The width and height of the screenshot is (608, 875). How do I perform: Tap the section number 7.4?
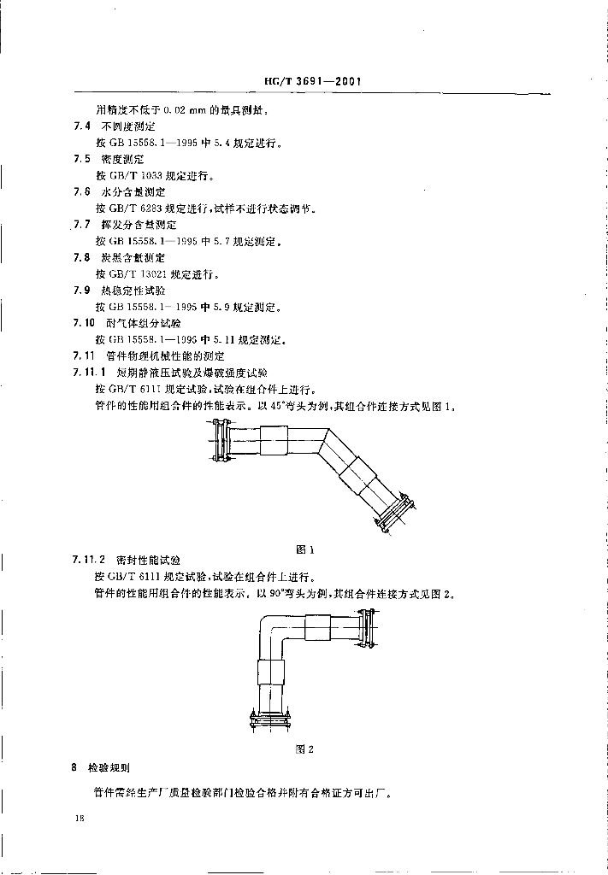[x=81, y=126]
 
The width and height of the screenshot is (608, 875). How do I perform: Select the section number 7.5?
[x=81, y=159]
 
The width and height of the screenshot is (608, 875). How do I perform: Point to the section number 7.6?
[x=81, y=192]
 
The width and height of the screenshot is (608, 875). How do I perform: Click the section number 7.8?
[x=81, y=257]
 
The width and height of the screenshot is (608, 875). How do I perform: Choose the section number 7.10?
[x=84, y=323]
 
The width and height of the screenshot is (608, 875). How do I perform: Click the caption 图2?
[x=305, y=749]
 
